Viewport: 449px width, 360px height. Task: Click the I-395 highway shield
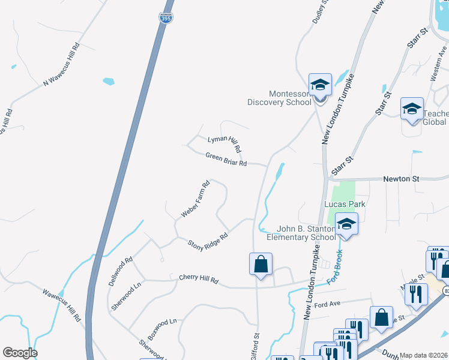tap(166, 17)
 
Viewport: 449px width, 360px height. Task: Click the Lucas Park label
tap(345, 204)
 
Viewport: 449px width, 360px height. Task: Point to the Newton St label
tap(401, 179)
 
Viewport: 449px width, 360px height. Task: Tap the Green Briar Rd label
tap(226, 159)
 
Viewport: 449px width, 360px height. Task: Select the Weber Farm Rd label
tap(195, 199)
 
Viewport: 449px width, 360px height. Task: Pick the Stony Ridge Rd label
tap(208, 241)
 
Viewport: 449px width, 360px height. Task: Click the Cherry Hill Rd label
tap(199, 279)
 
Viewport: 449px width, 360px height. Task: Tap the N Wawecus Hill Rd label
tap(61, 65)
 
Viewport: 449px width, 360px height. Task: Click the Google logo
tap(20, 353)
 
